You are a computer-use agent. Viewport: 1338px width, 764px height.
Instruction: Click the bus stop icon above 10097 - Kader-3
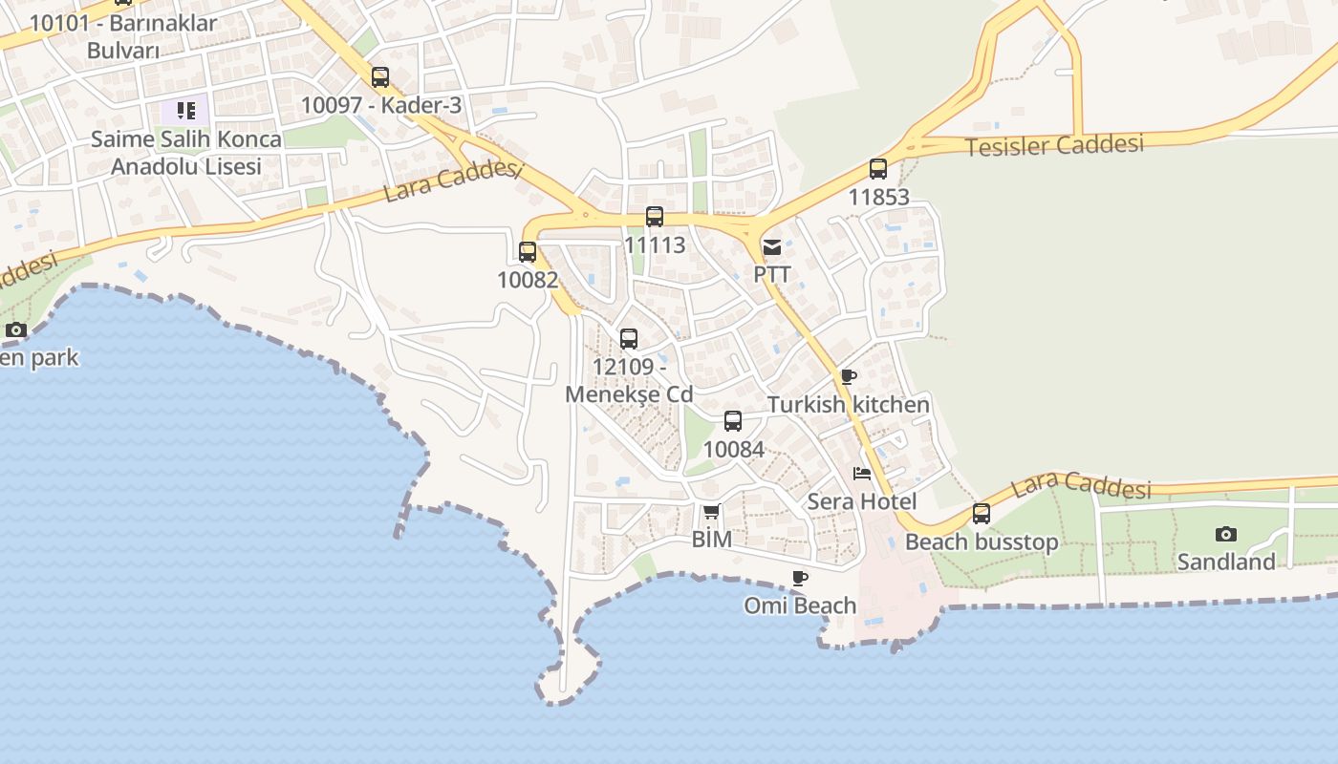tap(380, 77)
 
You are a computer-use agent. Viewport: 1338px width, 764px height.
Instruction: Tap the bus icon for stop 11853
tap(878, 169)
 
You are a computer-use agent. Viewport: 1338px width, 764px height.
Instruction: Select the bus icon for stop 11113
tap(655, 217)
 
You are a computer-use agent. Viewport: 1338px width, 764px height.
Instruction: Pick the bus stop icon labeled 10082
tap(528, 252)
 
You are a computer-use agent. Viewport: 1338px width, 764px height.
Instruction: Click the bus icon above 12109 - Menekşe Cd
tap(629, 339)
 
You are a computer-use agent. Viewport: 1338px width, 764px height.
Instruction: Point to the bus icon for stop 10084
tap(733, 421)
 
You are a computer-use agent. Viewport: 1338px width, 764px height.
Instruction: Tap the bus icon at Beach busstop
tap(982, 514)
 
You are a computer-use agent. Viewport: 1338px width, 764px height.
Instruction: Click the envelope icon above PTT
tap(772, 247)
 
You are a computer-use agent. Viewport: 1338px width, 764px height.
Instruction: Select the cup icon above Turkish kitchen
tap(848, 376)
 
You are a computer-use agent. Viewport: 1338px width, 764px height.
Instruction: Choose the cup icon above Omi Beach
tap(800, 578)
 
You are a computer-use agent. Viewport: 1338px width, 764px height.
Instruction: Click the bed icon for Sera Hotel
tap(862, 474)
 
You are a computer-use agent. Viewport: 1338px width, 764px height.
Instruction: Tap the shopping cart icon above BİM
tap(711, 512)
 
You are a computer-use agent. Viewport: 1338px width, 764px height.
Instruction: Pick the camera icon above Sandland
tap(1226, 534)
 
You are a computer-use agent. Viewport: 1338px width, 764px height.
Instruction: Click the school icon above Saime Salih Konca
tap(185, 111)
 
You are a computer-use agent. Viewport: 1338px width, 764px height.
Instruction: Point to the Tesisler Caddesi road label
tap(1054, 145)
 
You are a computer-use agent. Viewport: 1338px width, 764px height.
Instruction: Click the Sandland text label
tap(1226, 562)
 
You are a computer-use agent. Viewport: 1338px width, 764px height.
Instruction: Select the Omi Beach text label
tap(800, 605)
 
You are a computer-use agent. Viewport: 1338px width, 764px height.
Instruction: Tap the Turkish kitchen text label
tap(848, 404)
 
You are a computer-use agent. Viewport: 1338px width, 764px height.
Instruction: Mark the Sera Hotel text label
tap(862, 501)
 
